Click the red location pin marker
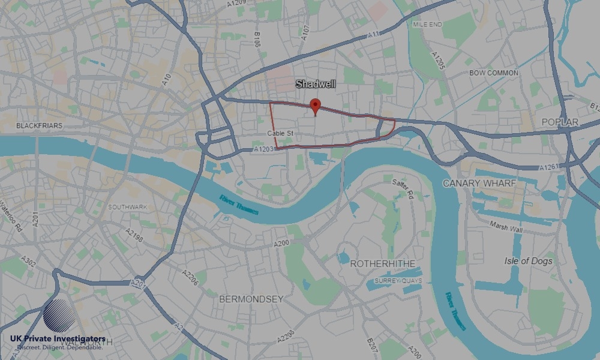(315, 106)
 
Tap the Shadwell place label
(315, 85)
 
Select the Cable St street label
(280, 132)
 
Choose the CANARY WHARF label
(479, 182)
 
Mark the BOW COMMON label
(494, 73)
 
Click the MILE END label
(427, 24)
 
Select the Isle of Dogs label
(528, 261)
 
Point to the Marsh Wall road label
(506, 229)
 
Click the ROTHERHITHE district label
(379, 263)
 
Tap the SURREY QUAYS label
(398, 280)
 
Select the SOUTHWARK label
(127, 207)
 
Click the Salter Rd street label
(403, 188)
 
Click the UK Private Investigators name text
(58, 339)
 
